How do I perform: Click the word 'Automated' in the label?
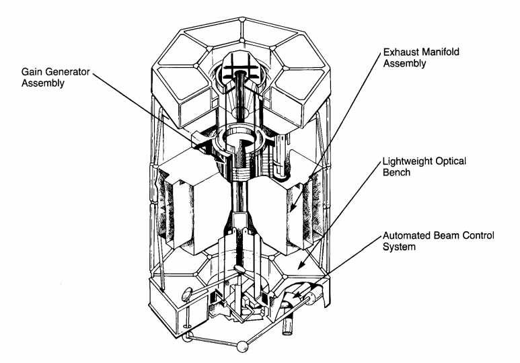click(x=408, y=236)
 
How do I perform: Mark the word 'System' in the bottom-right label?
click(x=401, y=248)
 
